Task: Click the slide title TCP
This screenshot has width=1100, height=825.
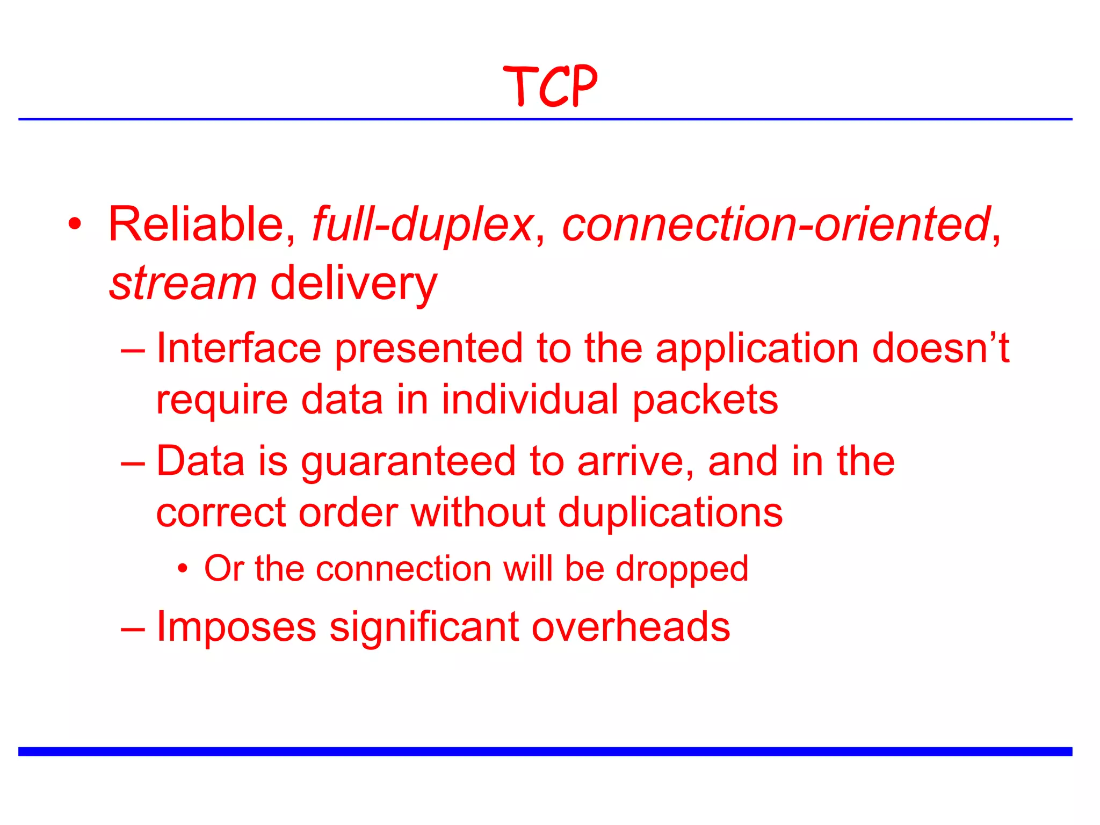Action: point(550,86)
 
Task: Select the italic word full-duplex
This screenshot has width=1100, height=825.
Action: point(423,225)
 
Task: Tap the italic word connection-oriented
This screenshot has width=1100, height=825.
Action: point(776,225)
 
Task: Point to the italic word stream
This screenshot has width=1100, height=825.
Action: point(183,284)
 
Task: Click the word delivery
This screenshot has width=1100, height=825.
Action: point(354,284)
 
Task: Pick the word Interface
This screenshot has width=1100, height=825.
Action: point(238,349)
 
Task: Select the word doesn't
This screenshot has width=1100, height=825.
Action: point(940,349)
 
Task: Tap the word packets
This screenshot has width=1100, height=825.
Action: point(705,400)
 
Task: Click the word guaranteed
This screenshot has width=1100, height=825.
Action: point(408,462)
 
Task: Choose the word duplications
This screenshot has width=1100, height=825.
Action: point(670,513)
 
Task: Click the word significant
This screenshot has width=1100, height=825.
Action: point(424,627)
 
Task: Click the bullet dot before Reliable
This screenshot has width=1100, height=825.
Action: point(75,224)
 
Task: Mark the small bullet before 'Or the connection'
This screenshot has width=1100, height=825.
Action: point(183,568)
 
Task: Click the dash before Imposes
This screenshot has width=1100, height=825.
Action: point(133,627)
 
